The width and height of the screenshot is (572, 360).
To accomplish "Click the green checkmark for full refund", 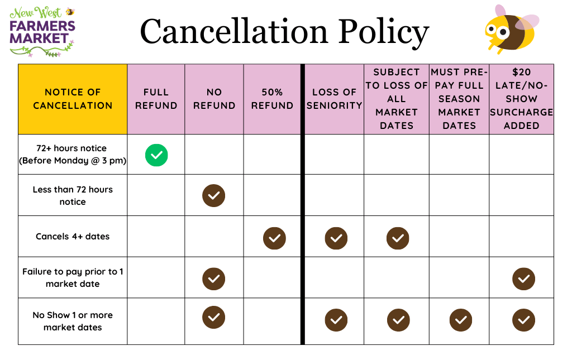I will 156,155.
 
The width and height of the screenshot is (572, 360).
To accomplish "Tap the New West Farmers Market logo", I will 42,32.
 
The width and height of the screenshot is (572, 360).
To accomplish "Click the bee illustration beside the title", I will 509,29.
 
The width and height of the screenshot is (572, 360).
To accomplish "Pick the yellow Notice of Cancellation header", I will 73,99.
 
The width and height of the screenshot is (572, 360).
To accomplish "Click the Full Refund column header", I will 156,99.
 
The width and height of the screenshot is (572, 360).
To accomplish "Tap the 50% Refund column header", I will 272,99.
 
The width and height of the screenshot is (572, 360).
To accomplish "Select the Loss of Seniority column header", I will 334,99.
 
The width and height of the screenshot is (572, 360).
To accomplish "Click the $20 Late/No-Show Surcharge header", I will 521,99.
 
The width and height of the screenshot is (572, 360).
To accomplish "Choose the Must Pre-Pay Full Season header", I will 459,99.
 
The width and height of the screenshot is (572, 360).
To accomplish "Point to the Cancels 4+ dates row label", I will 73,236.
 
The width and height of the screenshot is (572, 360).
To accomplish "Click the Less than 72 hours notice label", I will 73,195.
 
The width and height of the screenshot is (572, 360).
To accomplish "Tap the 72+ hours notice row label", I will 73,155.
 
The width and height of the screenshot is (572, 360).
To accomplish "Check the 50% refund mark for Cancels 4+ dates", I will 274,238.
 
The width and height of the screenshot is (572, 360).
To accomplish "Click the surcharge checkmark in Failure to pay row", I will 523,279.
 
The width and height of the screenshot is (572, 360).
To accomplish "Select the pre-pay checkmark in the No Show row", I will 461,320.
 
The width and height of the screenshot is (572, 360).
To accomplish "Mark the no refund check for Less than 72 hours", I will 213,195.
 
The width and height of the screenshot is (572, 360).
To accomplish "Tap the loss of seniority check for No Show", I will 336,320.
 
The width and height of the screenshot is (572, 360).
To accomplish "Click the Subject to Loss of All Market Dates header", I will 397,99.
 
